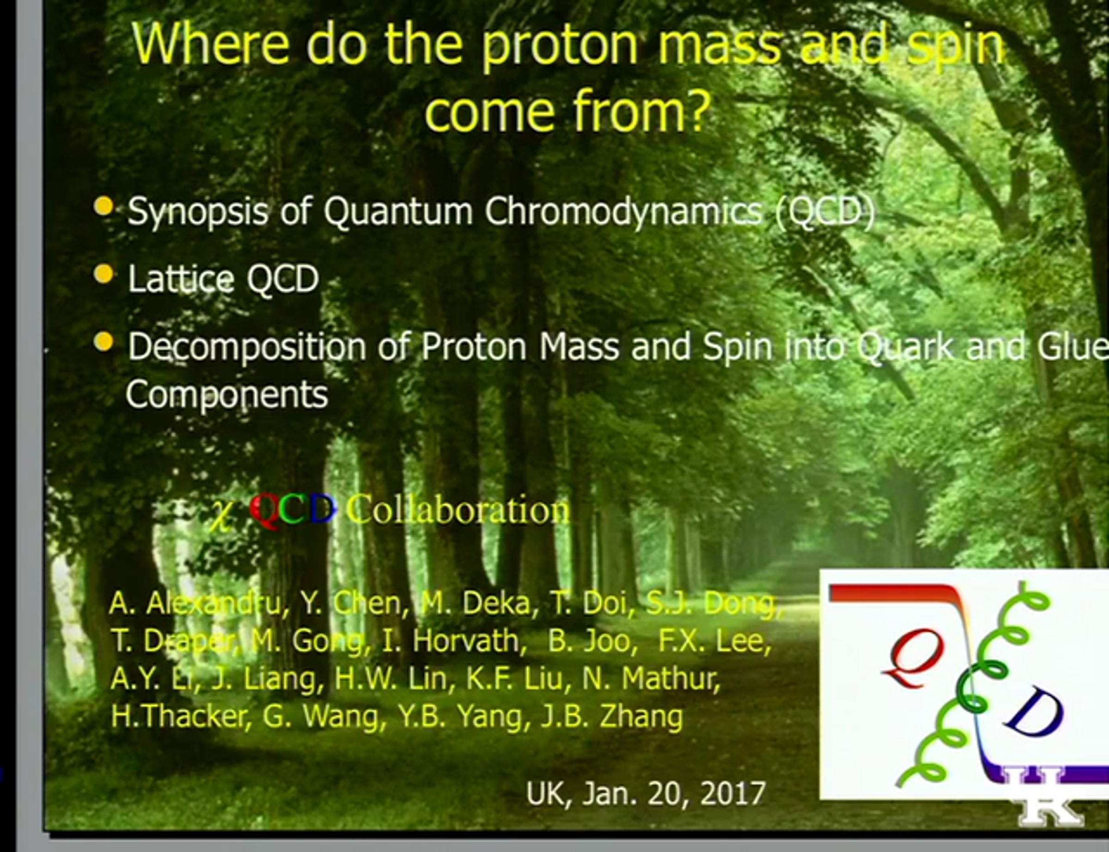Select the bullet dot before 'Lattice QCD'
tap(104, 274)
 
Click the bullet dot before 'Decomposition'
tap(104, 342)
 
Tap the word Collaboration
tap(458, 509)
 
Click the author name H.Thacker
tap(181, 716)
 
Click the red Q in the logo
tap(913, 658)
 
